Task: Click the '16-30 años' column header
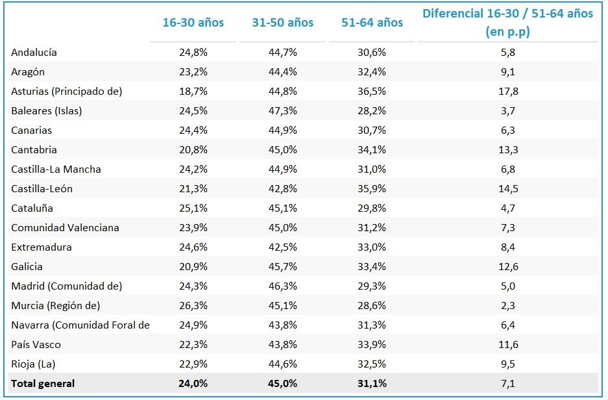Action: click(x=193, y=23)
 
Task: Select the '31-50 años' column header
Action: click(x=283, y=23)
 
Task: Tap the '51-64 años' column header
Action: click(x=372, y=23)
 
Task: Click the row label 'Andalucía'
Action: click(x=38, y=53)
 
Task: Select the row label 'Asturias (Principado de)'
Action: click(x=67, y=92)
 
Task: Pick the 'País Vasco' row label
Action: click(x=36, y=345)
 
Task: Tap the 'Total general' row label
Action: click(x=43, y=384)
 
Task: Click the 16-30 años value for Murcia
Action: click(x=193, y=306)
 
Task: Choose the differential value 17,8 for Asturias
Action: click(x=507, y=92)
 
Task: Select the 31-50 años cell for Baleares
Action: click(x=283, y=111)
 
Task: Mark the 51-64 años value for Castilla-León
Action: click(x=372, y=189)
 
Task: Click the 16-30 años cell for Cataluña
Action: click(x=193, y=208)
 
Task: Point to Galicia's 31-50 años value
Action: click(x=283, y=267)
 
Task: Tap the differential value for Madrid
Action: click(x=507, y=286)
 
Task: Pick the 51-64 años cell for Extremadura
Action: click(x=372, y=247)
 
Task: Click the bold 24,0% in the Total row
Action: click(x=193, y=384)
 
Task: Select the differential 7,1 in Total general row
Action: click(x=507, y=384)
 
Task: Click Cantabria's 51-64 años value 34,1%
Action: click(x=372, y=150)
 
